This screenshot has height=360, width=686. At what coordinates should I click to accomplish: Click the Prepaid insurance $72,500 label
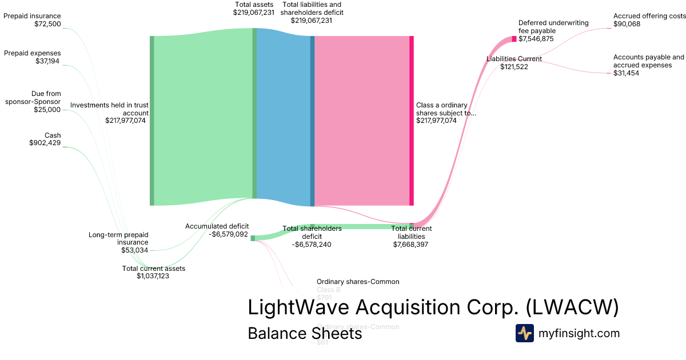[x=32, y=20]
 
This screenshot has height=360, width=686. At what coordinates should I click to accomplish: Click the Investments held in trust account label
[x=109, y=113]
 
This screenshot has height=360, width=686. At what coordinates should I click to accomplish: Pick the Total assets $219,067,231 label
[x=254, y=8]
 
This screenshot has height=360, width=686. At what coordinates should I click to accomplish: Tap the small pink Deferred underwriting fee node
[x=514, y=39]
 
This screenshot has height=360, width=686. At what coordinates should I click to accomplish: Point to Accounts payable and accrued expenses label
[x=648, y=65]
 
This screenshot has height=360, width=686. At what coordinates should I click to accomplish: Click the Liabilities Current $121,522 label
[x=514, y=63]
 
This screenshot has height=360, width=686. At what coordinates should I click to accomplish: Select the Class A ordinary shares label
[x=446, y=113]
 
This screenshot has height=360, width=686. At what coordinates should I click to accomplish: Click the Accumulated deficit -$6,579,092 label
[x=217, y=230]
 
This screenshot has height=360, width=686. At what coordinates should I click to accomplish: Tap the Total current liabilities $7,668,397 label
[x=411, y=237]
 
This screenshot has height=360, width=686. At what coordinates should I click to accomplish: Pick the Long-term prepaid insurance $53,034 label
[x=118, y=242]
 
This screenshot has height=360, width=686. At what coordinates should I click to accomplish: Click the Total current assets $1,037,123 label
[x=153, y=272]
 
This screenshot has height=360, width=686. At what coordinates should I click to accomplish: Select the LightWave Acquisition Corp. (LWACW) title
[x=433, y=308]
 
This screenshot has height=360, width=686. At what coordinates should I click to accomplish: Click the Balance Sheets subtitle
[x=305, y=334]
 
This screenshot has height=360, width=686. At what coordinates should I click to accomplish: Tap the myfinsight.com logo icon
[x=524, y=333]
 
